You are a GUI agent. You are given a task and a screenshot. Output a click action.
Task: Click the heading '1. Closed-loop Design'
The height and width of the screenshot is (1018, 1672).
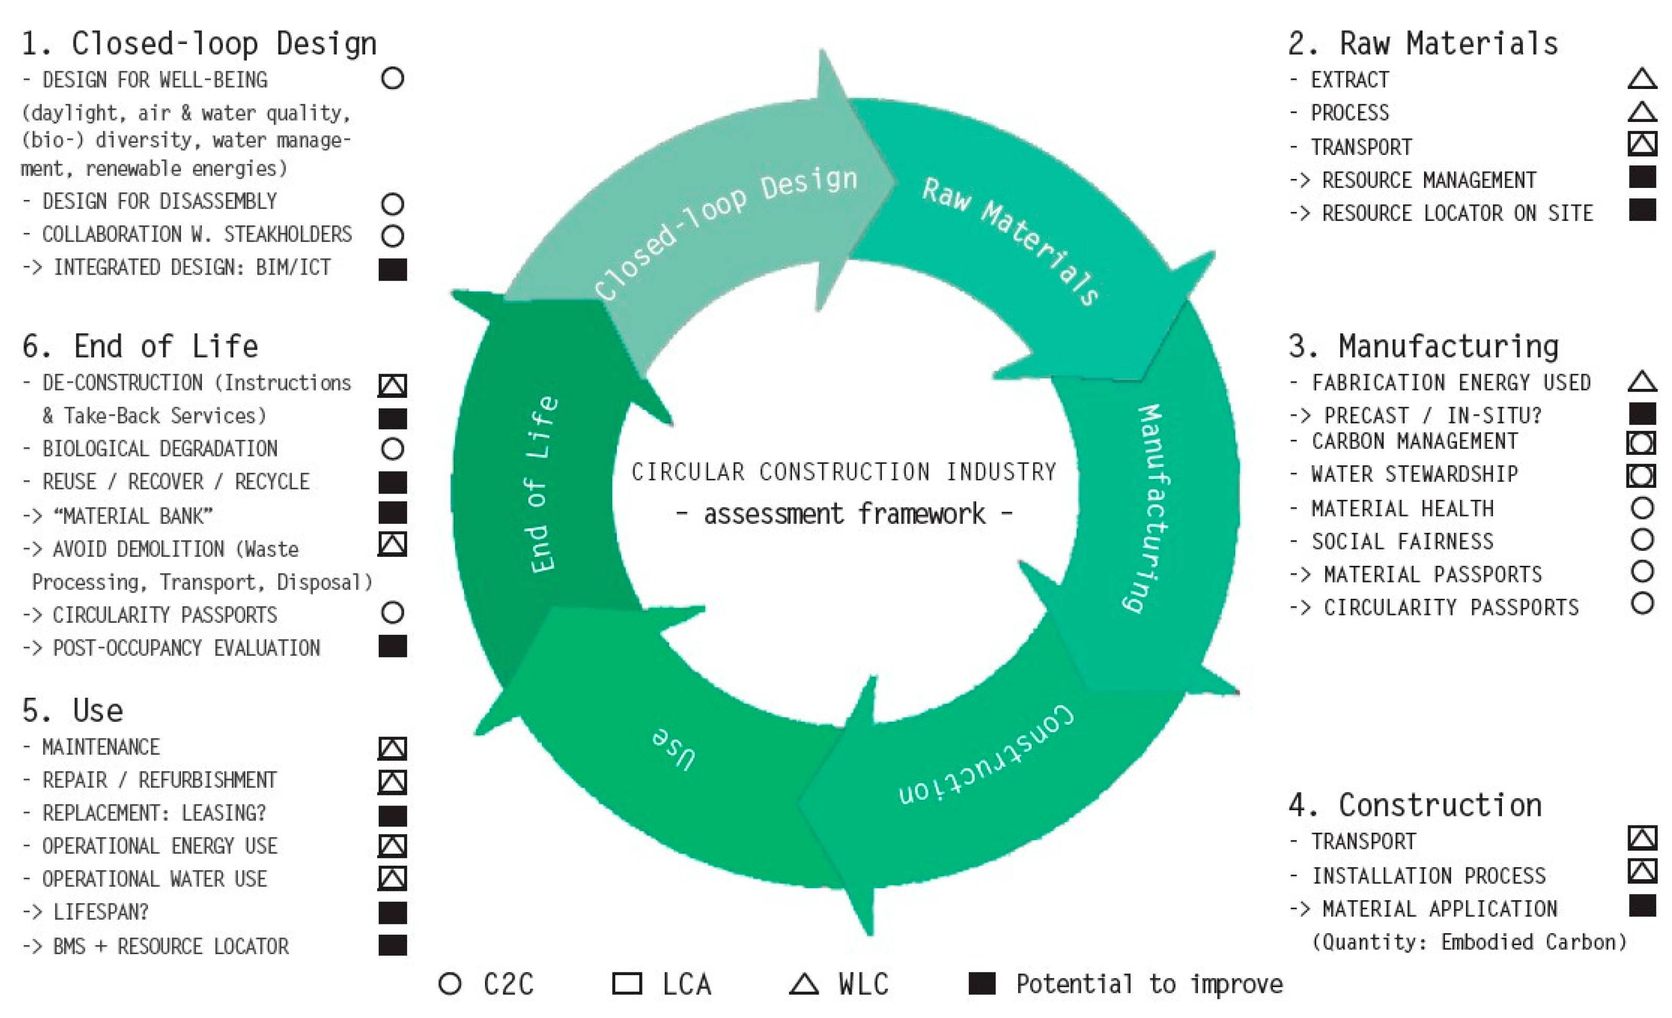point(199,44)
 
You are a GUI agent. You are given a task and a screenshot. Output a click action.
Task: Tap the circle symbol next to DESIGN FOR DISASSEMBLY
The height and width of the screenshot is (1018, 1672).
point(392,204)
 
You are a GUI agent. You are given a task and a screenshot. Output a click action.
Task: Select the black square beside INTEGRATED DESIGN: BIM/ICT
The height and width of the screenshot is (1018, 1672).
point(392,270)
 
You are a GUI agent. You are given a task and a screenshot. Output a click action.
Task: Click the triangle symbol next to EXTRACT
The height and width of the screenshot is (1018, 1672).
point(1642,79)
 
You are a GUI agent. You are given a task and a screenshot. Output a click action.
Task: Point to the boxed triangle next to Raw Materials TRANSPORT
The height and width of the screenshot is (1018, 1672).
point(1642,144)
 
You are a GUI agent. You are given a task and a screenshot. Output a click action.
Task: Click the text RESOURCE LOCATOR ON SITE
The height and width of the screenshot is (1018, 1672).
point(1456,214)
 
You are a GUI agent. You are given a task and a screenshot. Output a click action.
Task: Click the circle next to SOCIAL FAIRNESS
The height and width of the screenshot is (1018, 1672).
point(1642,540)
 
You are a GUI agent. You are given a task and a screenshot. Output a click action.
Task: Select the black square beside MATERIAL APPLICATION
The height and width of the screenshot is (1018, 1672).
point(1642,905)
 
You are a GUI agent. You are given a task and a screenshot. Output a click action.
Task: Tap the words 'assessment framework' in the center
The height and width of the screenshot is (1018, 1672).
point(844,514)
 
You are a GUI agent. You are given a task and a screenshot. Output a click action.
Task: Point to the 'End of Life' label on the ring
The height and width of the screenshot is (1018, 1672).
point(543,485)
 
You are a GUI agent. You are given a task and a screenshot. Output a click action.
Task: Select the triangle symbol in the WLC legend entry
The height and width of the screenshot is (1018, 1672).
point(804,985)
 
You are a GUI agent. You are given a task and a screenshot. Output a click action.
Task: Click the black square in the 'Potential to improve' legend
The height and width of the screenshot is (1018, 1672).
point(982,983)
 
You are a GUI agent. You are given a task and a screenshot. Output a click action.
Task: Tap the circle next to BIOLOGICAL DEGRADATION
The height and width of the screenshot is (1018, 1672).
point(392,449)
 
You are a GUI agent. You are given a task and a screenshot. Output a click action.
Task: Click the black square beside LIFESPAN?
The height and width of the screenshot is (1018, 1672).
point(392,913)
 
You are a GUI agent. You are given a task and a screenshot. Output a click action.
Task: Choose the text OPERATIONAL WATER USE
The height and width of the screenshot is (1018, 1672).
point(155,879)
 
